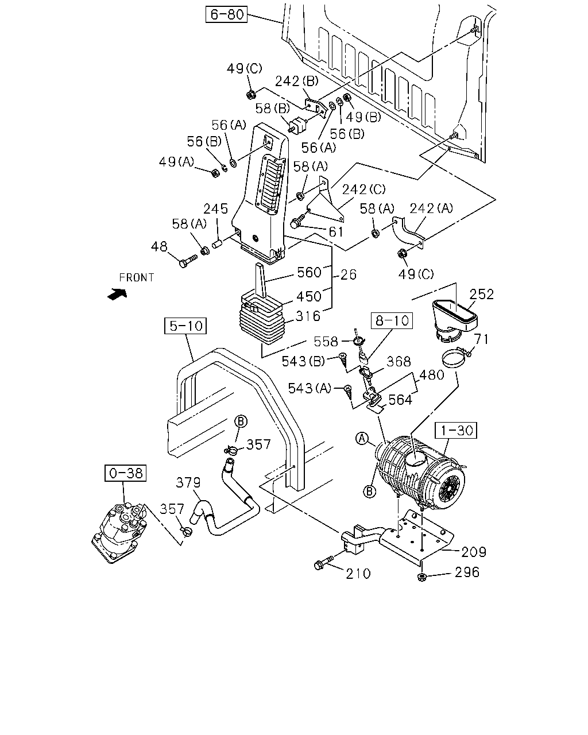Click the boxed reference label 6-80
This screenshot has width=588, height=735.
coord(226,14)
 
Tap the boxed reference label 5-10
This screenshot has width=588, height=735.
coord(185,326)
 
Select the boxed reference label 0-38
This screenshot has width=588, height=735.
coord(125,473)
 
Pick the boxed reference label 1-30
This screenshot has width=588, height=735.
coord(456,430)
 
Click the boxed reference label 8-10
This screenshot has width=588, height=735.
coord(392,320)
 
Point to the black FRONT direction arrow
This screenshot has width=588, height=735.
coord(117,294)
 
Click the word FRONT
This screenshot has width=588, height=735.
coord(137,277)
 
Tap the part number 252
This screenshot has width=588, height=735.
coord(481,294)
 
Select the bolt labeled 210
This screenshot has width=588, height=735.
coord(323,563)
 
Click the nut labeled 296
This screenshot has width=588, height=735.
coord(422,578)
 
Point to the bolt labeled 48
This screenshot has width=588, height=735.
coord(188,261)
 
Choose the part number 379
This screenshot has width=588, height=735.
coord(188,482)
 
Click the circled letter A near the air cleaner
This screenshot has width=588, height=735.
coord(362,438)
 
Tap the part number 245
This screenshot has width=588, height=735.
coord(215,208)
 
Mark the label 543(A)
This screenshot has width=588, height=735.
coord(310,388)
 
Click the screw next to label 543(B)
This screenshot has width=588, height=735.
coord(342,359)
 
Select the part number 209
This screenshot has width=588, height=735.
coord(474,552)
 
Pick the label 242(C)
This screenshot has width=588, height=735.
coord(364,189)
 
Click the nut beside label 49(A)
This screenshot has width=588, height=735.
coord(215,173)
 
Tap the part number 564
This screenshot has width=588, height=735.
coord(400,400)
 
